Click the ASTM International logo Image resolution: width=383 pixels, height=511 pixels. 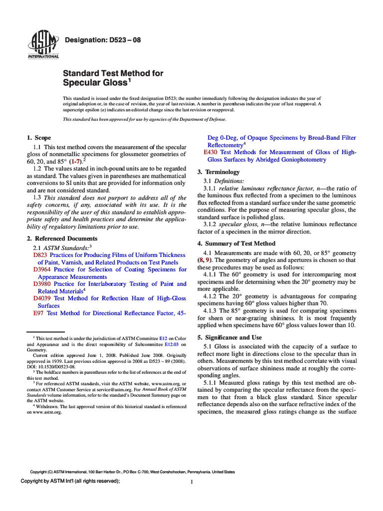coord(43,44)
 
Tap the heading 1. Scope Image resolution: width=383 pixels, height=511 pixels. coord(38,138)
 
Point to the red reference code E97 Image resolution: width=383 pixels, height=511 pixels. coord(38,313)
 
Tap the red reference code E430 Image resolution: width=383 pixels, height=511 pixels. coord(210,152)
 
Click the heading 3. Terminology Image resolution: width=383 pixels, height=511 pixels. coord(219,172)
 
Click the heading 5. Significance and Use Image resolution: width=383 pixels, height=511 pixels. coord(233,338)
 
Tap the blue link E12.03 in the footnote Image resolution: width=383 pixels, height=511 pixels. coord(172,344)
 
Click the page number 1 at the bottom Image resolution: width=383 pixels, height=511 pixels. coord(191,482)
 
